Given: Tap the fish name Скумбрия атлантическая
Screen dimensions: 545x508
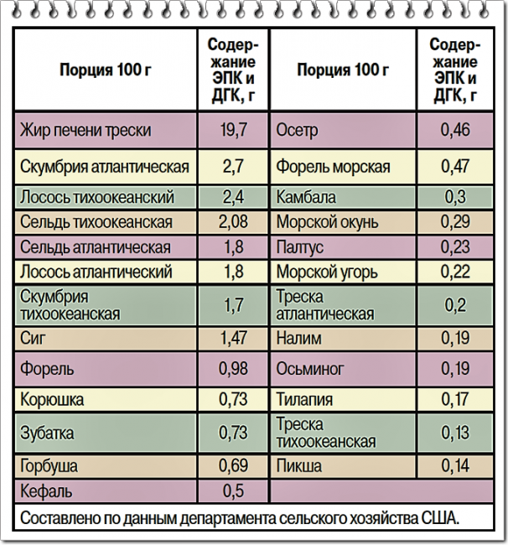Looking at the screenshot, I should point(105,166).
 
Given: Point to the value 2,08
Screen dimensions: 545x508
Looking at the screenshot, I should point(234,222).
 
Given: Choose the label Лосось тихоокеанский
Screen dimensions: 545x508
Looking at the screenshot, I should point(96,199).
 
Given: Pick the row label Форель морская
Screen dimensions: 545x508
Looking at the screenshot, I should point(333,166).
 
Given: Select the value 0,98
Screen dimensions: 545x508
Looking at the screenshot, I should point(234,369).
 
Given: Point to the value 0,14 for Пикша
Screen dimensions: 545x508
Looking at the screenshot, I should point(455,466).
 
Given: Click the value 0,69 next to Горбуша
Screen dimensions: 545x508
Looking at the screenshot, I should point(234,466).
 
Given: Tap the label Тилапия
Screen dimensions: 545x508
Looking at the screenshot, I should point(304,400).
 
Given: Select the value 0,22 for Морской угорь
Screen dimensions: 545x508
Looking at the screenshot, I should point(455,272).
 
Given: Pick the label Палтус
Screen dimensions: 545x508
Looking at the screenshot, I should point(299,247).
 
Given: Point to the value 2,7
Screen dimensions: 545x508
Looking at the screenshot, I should point(234,166).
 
